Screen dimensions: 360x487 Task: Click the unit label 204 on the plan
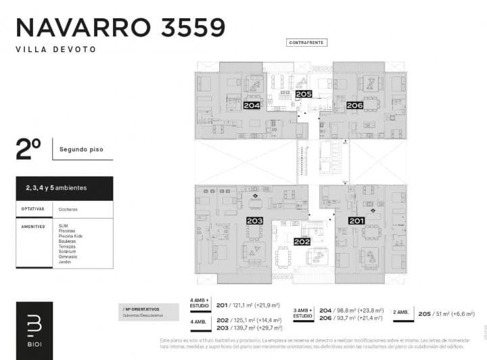252,105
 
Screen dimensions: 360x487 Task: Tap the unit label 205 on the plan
304,94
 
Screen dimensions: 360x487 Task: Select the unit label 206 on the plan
355,105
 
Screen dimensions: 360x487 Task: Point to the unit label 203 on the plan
254,221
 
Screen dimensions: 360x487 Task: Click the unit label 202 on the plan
302,242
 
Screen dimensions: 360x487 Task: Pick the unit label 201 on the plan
356,221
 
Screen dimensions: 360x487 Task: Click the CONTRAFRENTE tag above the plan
306,42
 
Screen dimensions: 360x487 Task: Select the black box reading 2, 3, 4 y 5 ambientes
64,187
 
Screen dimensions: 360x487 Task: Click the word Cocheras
68,209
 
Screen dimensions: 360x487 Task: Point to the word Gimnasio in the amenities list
68,256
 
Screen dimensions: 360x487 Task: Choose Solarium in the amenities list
68,252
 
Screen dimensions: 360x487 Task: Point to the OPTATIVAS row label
33,209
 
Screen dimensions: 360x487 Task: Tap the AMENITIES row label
33,226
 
